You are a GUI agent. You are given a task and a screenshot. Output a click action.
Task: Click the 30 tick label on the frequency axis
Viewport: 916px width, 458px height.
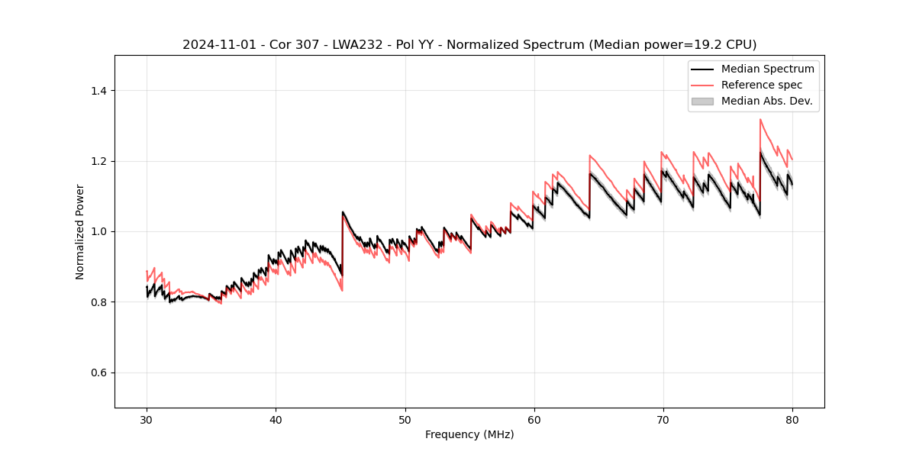tap(147, 419)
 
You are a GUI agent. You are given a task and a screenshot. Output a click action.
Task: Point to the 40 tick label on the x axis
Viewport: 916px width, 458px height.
tap(276, 419)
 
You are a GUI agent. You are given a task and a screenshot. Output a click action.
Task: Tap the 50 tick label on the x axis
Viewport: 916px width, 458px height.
tap(405, 419)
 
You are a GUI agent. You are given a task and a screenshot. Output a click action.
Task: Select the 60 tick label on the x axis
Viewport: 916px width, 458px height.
tap(534, 419)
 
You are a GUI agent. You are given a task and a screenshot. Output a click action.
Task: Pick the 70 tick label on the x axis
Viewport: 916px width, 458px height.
tap(663, 419)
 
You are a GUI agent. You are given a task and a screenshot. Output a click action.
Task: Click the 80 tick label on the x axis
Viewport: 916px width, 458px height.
tap(792, 419)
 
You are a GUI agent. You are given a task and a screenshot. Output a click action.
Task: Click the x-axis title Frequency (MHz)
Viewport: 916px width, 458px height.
tap(469, 434)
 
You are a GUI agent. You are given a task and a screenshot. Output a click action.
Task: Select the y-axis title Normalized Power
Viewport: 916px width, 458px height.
tap(80, 231)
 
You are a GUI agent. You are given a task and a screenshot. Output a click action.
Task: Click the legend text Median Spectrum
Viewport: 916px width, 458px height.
tap(767, 69)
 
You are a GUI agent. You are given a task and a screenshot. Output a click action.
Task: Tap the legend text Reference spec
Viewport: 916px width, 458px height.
tap(762, 85)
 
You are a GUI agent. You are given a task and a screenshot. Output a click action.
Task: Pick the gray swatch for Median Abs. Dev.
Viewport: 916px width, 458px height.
tap(702, 101)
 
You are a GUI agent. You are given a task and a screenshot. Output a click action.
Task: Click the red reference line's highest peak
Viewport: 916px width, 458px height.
tap(760, 119)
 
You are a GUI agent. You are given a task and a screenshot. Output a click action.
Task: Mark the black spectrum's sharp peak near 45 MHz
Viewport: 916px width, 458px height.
tap(343, 212)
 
